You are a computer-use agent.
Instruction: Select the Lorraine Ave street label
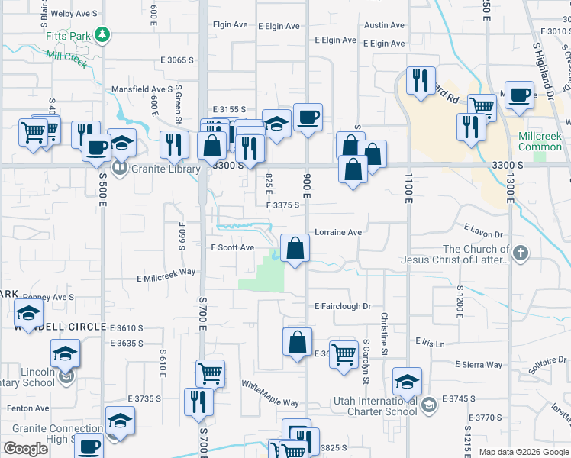338,232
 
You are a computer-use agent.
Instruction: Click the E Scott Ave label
232,247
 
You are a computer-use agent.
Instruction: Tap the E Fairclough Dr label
343,306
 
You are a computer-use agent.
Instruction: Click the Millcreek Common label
539,140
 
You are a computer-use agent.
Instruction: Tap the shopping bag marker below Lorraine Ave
295,249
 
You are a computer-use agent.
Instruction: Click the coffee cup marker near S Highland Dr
519,95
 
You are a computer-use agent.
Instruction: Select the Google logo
25,448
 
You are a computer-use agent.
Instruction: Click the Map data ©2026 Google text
523,452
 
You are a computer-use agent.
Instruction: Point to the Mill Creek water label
67,56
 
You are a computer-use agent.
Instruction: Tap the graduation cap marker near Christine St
408,382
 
